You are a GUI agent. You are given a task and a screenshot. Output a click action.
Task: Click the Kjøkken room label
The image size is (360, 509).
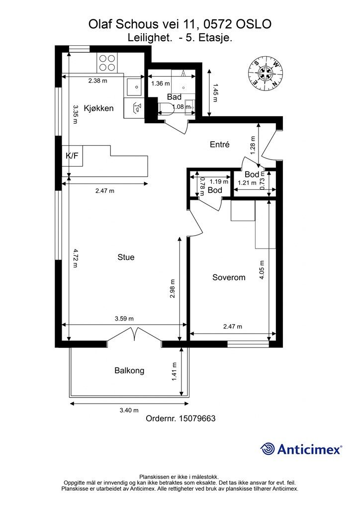point(98,108)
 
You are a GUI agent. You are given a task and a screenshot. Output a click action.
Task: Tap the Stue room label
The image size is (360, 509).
point(126,257)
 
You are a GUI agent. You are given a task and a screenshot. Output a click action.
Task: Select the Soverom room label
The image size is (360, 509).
point(229,277)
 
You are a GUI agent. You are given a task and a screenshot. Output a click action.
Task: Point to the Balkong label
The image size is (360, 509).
point(129,371)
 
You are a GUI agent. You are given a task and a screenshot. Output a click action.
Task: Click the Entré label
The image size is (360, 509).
point(220,145)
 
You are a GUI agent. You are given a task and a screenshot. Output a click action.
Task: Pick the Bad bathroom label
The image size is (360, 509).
point(175,97)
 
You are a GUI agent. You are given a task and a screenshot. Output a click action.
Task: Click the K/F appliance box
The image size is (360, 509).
point(72,156)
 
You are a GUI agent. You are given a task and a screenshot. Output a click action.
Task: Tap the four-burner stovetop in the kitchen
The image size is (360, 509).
point(107,63)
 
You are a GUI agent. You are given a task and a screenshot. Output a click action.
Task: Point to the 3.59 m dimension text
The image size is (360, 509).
point(124,319)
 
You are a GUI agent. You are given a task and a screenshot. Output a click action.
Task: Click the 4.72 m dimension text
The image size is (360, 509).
point(75,258)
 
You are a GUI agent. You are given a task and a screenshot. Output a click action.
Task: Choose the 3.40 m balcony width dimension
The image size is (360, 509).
point(129,410)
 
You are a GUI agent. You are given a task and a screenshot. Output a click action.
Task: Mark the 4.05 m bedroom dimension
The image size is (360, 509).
point(262,270)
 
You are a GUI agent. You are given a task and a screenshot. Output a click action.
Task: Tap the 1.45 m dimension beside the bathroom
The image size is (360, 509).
point(215,92)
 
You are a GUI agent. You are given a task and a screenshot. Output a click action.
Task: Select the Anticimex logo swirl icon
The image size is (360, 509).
point(268,449)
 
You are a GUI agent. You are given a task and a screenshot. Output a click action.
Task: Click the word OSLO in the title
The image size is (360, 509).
point(254,24)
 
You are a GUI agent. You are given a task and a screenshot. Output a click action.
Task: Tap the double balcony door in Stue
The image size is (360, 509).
point(134,335)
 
